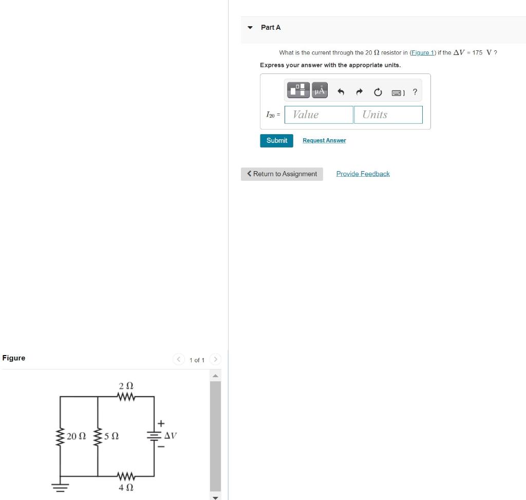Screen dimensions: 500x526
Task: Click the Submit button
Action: pyautogui.click(x=276, y=141)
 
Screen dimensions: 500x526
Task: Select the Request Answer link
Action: pyautogui.click(x=324, y=141)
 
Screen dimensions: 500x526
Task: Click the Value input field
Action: pyautogui.click(x=319, y=115)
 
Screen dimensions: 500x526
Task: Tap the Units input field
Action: pyautogui.click(x=388, y=115)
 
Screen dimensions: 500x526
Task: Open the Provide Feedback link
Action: pyautogui.click(x=363, y=174)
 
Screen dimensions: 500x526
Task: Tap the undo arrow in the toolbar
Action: pyautogui.click(x=340, y=92)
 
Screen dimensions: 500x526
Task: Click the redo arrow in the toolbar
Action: pyautogui.click(x=360, y=92)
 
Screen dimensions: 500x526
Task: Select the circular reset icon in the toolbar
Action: pyautogui.click(x=378, y=92)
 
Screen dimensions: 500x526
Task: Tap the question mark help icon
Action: pyautogui.click(x=415, y=92)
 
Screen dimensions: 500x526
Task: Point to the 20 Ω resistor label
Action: pyautogui.click(x=76, y=436)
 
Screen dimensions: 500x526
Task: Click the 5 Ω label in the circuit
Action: pyautogui.click(x=111, y=436)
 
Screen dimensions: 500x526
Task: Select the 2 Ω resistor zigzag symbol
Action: pyautogui.click(x=126, y=397)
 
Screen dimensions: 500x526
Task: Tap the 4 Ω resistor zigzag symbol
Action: pyautogui.click(x=126, y=475)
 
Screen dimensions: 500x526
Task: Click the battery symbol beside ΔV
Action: pyautogui.click(x=154, y=436)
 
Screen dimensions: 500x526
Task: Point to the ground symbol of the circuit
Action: pyautogui.click(x=60, y=487)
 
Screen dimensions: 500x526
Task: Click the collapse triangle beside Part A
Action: pyautogui.click(x=250, y=28)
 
